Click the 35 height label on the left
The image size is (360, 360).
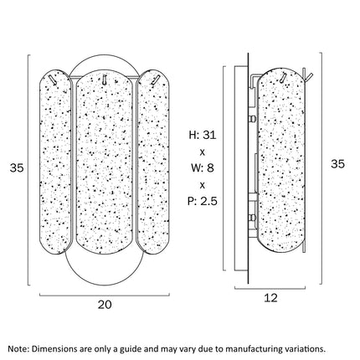pos(17,168)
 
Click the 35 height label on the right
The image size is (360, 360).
pos(337,163)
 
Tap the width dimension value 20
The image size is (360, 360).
pos(105,305)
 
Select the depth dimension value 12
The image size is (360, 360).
pos(270,298)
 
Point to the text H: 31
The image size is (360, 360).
pos(203,135)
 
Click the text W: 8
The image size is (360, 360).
pos(203,168)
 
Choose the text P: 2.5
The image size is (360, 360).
pos(203,201)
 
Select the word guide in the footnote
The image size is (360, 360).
pos(130,349)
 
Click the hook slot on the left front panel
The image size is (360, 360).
pos(52,79)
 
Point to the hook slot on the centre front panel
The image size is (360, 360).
pos(104,79)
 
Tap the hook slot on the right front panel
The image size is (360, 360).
pos(155,80)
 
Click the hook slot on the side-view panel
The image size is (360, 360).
pos(284,78)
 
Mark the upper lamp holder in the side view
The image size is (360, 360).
pos(252,119)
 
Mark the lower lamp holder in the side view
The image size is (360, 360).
pos(252,217)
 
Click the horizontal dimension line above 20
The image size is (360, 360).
pos(105,295)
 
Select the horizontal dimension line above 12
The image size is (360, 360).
pos(270,288)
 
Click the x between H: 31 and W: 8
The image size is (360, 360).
pos(203,152)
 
